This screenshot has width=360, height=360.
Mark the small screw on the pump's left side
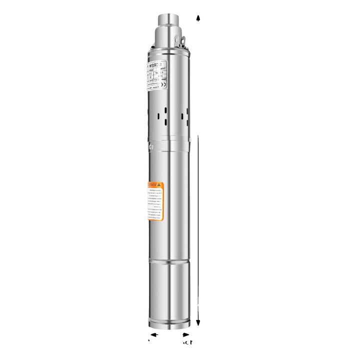(150, 146)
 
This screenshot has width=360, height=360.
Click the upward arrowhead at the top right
(198, 18)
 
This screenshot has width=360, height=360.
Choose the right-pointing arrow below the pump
(186, 334)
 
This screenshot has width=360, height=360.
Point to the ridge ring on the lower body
(169, 264)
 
